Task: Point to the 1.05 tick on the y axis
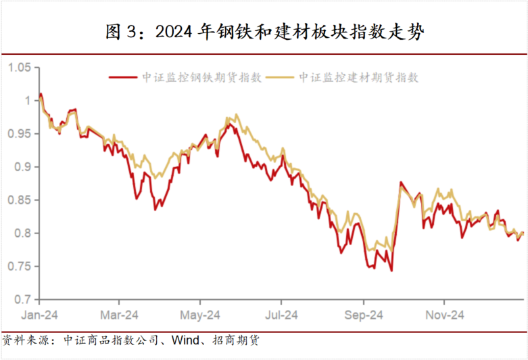click(x=20, y=67)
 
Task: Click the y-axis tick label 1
click(x=28, y=100)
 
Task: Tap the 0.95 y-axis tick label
click(x=20, y=133)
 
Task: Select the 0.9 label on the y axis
click(x=23, y=166)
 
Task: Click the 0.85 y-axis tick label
click(x=20, y=200)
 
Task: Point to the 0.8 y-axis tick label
click(x=23, y=233)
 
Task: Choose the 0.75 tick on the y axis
click(x=20, y=266)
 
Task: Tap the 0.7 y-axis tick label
click(x=23, y=299)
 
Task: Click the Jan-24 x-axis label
click(x=39, y=315)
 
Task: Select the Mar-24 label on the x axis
click(x=120, y=315)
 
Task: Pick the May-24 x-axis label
click(x=201, y=315)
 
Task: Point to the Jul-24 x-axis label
click(x=281, y=315)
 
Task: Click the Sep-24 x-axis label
click(x=364, y=315)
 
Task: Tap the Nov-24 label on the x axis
click(x=444, y=315)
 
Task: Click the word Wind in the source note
click(x=185, y=340)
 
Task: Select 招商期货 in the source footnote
click(x=235, y=340)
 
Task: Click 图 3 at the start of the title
click(x=121, y=32)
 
